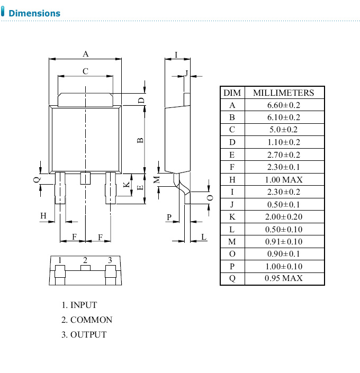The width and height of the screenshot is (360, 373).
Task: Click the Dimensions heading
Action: click(x=34, y=13)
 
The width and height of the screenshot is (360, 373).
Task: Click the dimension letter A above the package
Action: click(x=85, y=53)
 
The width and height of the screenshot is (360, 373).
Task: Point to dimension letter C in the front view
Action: click(x=85, y=71)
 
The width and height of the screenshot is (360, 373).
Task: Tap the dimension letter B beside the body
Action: click(x=140, y=140)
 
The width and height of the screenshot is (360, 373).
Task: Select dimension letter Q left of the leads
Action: click(x=37, y=180)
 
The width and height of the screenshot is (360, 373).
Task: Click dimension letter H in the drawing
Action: click(x=44, y=215)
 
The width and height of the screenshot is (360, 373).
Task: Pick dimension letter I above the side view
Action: click(x=176, y=54)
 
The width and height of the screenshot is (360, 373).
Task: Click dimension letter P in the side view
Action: click(x=169, y=217)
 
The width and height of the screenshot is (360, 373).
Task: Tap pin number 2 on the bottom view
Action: click(x=85, y=260)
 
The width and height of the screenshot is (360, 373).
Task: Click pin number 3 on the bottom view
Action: click(x=110, y=260)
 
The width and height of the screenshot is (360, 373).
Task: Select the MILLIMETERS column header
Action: click(x=283, y=93)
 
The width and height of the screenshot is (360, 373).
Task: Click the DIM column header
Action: click(x=232, y=93)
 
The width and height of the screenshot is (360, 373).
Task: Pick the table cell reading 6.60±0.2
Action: click(x=283, y=105)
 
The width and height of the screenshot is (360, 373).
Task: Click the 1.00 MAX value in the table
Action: click(x=283, y=179)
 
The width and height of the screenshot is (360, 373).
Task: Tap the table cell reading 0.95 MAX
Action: click(x=283, y=278)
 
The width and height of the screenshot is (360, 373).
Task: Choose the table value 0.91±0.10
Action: click(x=283, y=241)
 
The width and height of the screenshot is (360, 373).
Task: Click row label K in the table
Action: click(x=232, y=216)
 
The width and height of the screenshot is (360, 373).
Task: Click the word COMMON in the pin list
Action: click(x=91, y=320)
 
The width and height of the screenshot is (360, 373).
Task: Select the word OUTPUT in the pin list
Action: click(x=88, y=334)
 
